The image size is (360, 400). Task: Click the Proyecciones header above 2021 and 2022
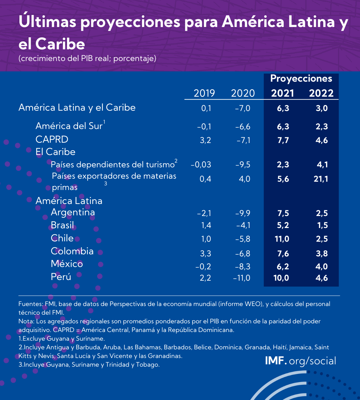[x=301, y=79]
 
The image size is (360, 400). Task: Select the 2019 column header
[x=204, y=93]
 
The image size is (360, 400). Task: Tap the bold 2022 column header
[x=321, y=93]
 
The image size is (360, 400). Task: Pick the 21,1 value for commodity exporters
[x=321, y=179]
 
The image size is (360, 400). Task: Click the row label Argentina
[x=73, y=212]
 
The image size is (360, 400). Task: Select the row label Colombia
[x=72, y=251]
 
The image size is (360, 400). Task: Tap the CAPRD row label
[x=52, y=139]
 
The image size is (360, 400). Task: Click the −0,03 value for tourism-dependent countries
[x=201, y=165]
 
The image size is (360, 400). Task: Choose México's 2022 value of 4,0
[x=322, y=266]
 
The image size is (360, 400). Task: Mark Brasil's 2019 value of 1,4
[x=206, y=225]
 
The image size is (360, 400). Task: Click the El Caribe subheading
[x=55, y=152]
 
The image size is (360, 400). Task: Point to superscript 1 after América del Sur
[x=104, y=122]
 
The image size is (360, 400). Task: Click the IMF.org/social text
[x=300, y=361]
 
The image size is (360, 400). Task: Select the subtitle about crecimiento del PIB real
[x=87, y=59]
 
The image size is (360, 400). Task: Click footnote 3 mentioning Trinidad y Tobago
[x=89, y=365]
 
